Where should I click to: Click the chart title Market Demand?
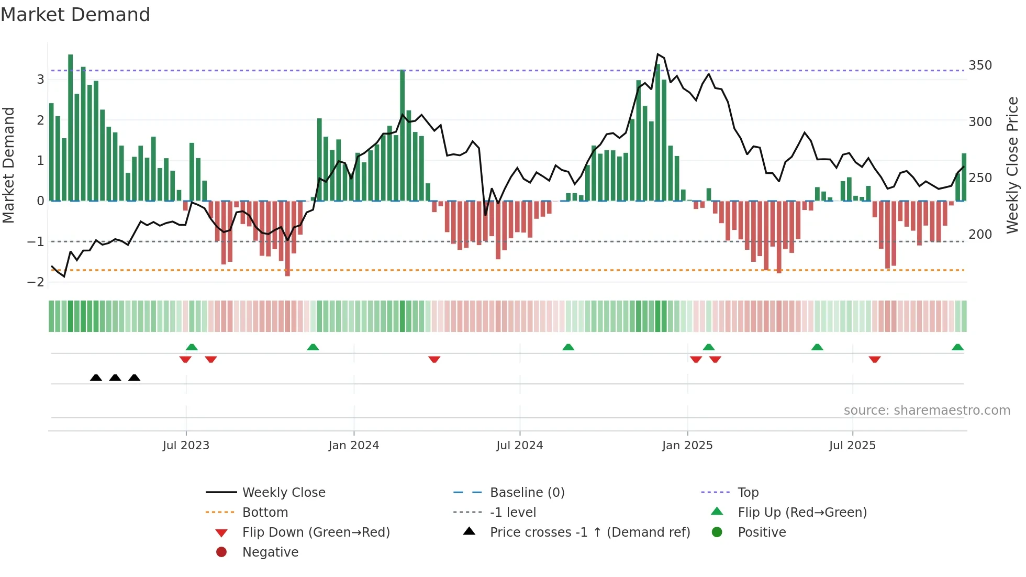[x=75, y=15]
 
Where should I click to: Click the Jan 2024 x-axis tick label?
[x=353, y=446]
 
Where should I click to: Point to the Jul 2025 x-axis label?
[x=852, y=446]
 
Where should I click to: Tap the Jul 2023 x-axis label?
[x=186, y=446]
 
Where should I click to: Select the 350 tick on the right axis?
[x=980, y=65]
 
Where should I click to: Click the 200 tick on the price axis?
[x=980, y=235]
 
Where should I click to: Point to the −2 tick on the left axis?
[x=36, y=282]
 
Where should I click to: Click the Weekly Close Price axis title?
[x=1012, y=165]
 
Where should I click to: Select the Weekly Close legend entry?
[x=283, y=493]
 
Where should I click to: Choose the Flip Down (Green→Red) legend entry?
[x=316, y=532]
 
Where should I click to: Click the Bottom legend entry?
[x=265, y=513]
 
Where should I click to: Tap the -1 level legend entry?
[x=512, y=513]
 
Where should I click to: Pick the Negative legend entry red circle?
[x=221, y=552]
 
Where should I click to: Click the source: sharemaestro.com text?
[x=927, y=410]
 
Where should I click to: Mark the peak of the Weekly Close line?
[x=657, y=54]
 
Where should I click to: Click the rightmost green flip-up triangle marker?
[x=957, y=347]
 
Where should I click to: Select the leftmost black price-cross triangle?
[x=96, y=378]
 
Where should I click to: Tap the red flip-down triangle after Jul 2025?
[x=874, y=359]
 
